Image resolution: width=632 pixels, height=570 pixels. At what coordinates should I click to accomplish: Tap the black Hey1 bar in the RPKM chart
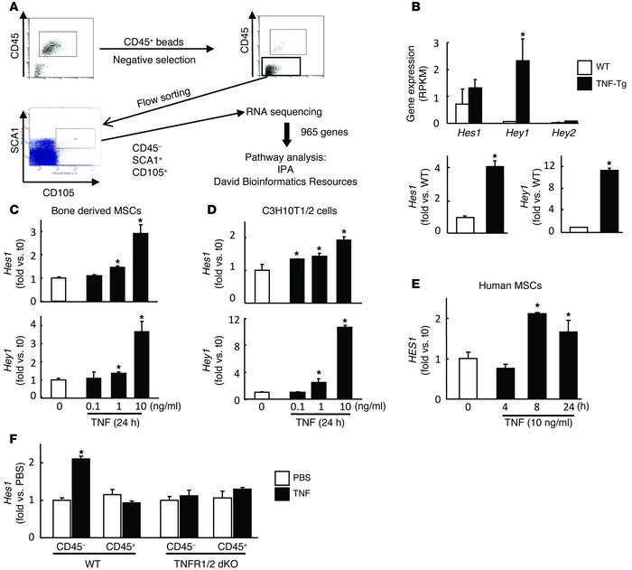tap(494, 91)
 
